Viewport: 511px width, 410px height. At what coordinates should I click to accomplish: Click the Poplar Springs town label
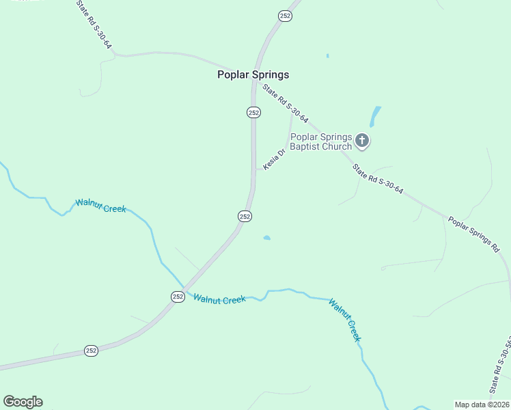253,74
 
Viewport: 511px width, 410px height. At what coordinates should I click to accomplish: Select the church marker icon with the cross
362,141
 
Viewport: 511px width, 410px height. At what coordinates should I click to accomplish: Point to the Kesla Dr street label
273,160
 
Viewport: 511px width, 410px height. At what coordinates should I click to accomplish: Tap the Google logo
23,402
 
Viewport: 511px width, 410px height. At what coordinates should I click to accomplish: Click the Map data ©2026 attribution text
482,404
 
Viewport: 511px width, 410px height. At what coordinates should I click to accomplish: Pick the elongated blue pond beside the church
375,116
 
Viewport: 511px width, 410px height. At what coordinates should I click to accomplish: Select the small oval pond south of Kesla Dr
266,238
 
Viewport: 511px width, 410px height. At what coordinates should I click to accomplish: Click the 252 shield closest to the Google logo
92,351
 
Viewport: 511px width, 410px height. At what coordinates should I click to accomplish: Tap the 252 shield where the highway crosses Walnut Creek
178,296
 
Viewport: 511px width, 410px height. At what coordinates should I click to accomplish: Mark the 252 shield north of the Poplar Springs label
286,15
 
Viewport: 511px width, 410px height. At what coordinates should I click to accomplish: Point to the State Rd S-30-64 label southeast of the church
378,180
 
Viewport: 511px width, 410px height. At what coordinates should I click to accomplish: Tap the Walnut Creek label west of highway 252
100,205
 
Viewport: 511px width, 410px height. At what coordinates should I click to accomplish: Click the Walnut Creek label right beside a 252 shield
219,299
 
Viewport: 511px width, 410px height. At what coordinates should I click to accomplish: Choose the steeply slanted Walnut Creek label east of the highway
344,319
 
